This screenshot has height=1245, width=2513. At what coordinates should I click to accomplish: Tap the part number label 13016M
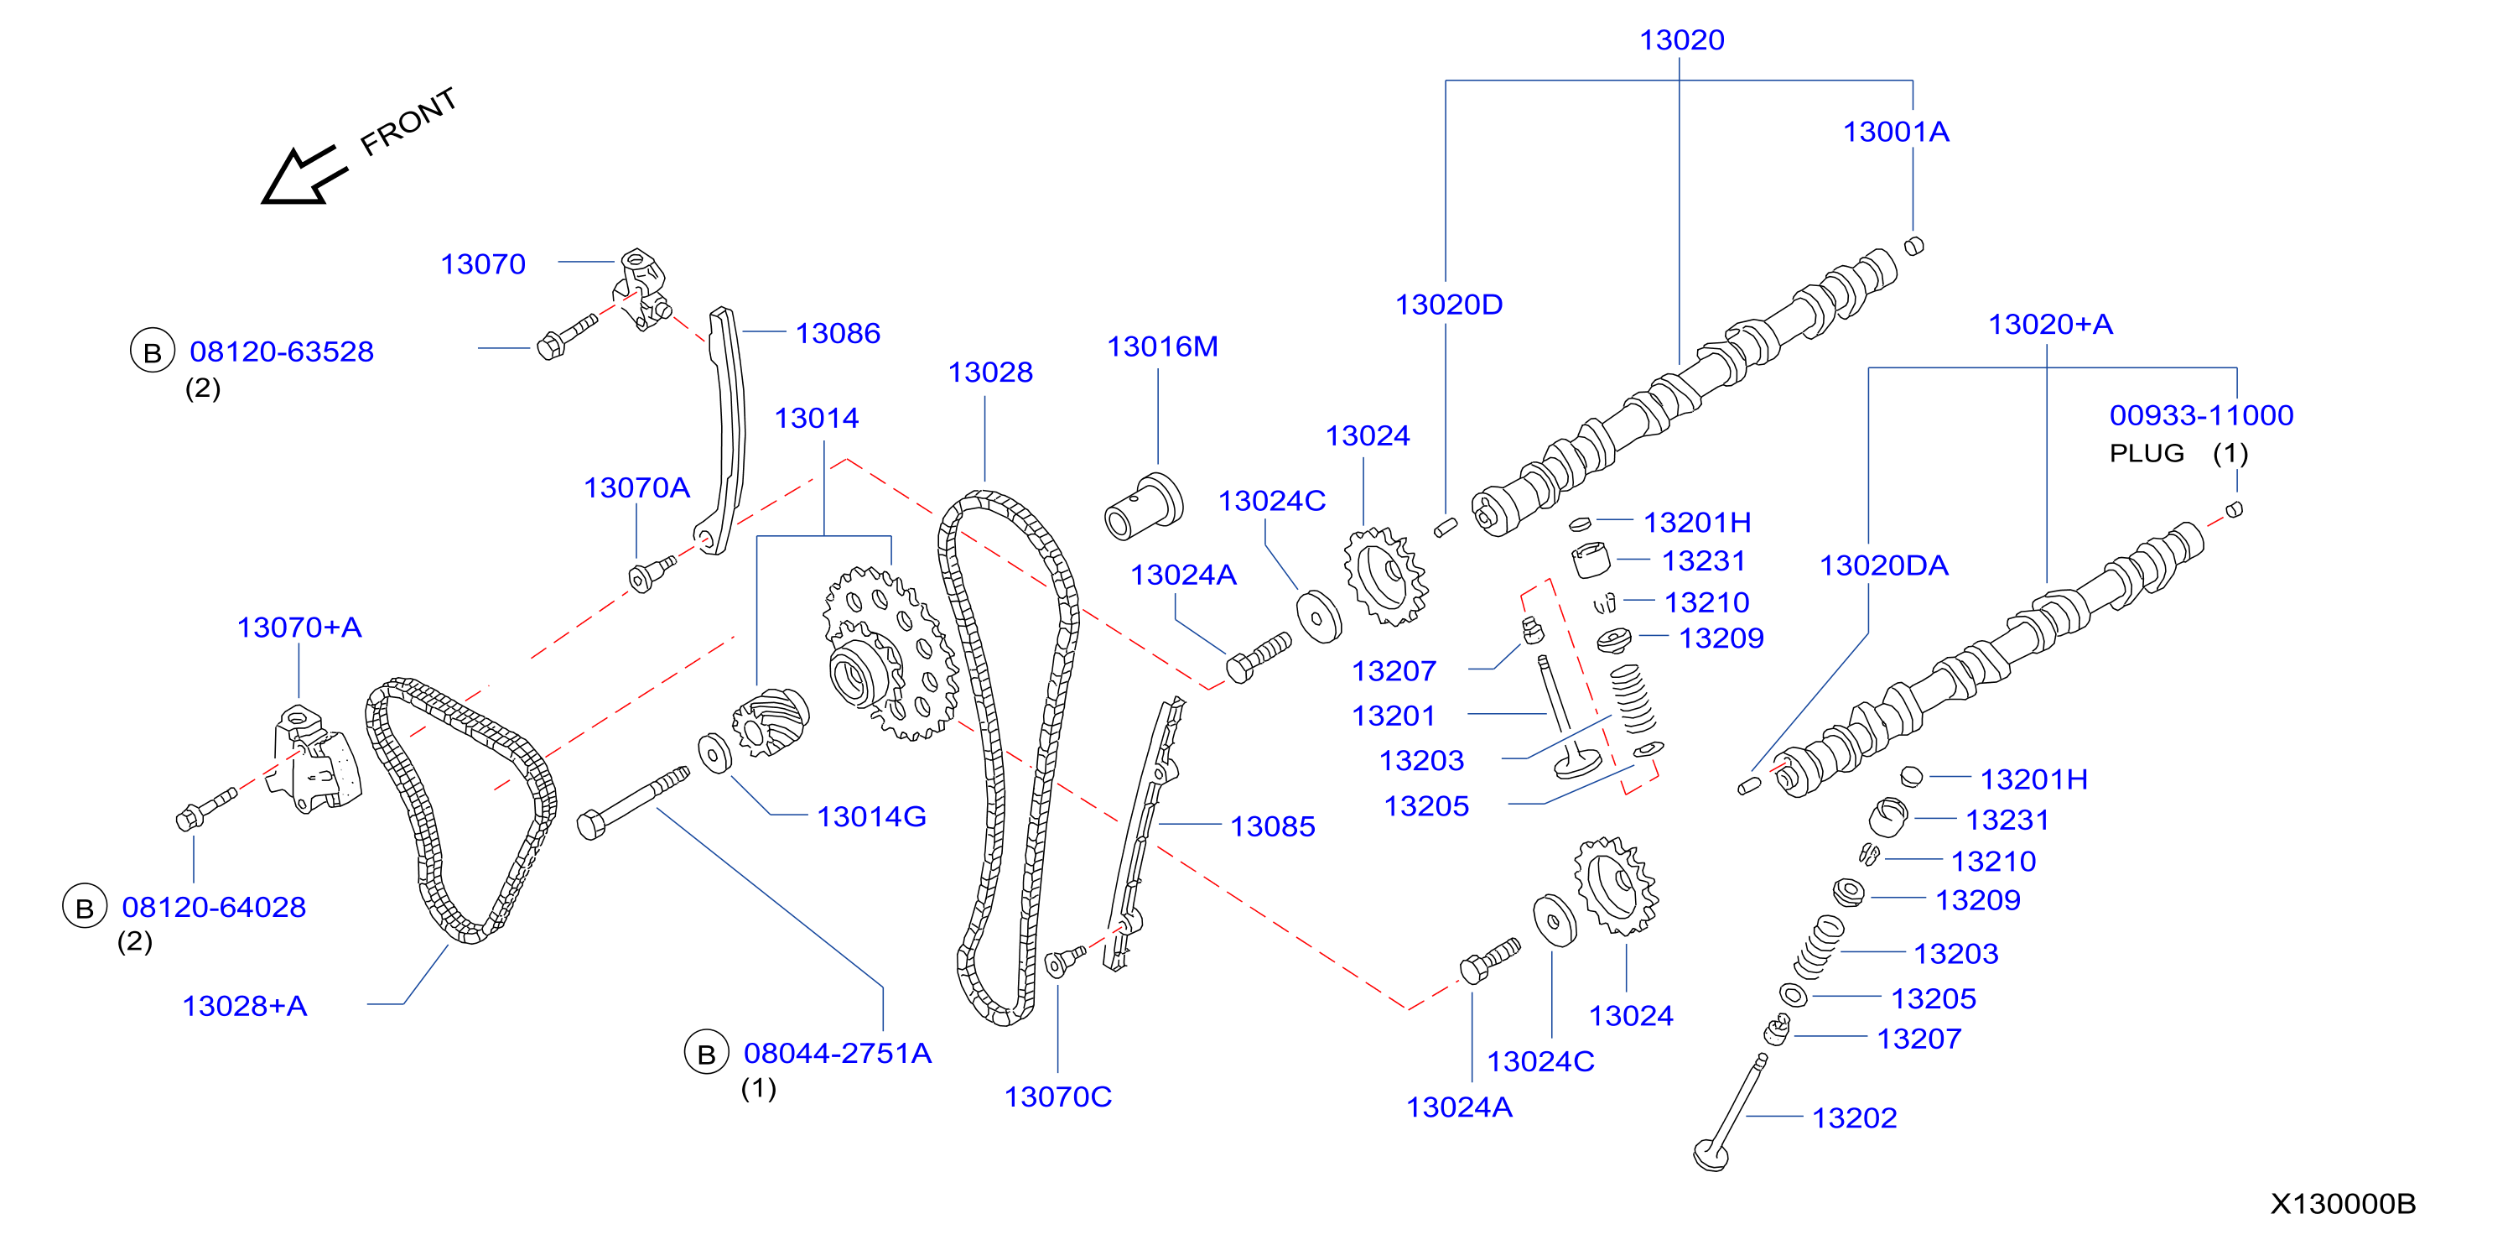pyautogui.click(x=1162, y=346)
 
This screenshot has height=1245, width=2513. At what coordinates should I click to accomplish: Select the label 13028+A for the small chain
pyautogui.click(x=245, y=1006)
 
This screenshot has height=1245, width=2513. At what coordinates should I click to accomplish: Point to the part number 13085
pyautogui.click(x=1272, y=826)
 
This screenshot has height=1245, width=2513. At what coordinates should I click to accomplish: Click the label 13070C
pyautogui.click(x=1057, y=1097)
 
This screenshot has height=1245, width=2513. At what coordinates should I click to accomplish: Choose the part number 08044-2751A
pyautogui.click(x=837, y=1053)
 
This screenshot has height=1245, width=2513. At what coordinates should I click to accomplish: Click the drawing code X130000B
pyautogui.click(x=2342, y=1204)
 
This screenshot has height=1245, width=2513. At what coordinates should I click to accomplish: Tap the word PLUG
pyautogui.click(x=2147, y=454)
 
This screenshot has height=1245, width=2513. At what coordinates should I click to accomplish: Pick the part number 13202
pyautogui.click(x=1854, y=1117)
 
